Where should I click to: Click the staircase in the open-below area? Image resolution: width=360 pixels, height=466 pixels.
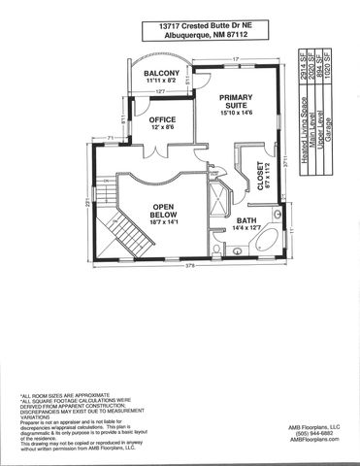[125, 233]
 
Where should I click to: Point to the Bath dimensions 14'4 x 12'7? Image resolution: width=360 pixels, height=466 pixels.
[246, 230]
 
